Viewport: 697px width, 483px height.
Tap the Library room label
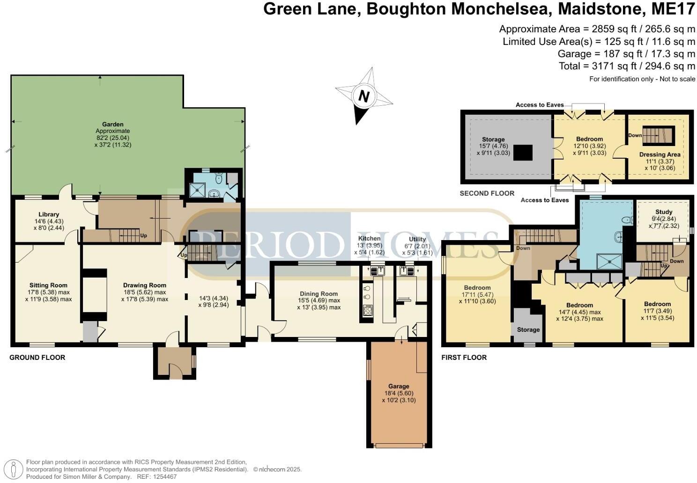[49, 214]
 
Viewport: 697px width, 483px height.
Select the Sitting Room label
[48, 285]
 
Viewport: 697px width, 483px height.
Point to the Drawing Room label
[145, 285]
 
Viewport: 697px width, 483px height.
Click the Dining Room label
[319, 294]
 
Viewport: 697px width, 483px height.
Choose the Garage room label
[399, 387]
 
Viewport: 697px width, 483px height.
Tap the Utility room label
[417, 239]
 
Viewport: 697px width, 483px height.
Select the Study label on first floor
[664, 212]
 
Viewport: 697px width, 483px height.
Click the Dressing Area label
[660, 154]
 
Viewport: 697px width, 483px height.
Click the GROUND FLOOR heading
[37, 358]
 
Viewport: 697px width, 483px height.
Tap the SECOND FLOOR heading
[487, 193]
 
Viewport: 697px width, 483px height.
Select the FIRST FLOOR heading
[464, 358]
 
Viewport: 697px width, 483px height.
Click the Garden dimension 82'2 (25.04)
[112, 138]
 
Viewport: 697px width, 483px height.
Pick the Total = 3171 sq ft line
[627, 66]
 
